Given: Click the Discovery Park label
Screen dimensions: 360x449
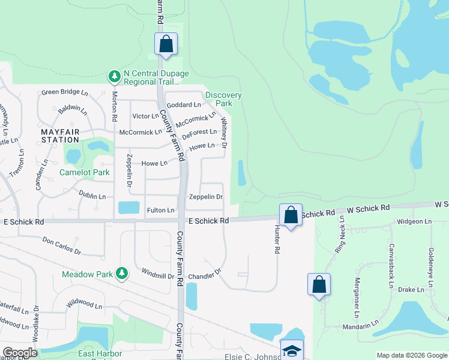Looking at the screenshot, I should pos(223,99).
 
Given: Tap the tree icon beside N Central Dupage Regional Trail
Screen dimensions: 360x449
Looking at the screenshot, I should pos(114,77).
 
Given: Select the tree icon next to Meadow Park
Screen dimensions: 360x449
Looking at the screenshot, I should pos(122,274).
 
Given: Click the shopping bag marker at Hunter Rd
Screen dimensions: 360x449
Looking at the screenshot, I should pos(291,215).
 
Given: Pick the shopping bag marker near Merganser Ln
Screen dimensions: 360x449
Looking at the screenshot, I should pos(319,284).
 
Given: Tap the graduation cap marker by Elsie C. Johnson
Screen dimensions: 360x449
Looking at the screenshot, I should pos(292,350).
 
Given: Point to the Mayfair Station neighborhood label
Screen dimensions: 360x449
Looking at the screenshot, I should pos(60,135).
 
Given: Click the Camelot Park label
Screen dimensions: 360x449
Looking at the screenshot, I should pos(84,172).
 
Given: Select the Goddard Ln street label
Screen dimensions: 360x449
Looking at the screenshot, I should pos(184,104).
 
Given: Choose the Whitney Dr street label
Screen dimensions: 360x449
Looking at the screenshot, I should pos(224,133).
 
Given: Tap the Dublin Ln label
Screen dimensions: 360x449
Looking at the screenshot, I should pos(92,196).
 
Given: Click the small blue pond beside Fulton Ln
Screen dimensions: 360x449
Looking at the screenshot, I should pos(129,208).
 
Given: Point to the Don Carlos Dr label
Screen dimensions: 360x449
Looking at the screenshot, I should pos(61,245).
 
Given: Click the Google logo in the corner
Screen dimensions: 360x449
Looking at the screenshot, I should pos(20,353).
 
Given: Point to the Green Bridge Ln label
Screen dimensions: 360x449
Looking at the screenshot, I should pos(64,93).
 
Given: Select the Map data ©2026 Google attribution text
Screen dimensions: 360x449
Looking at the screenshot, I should pos(411,355).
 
